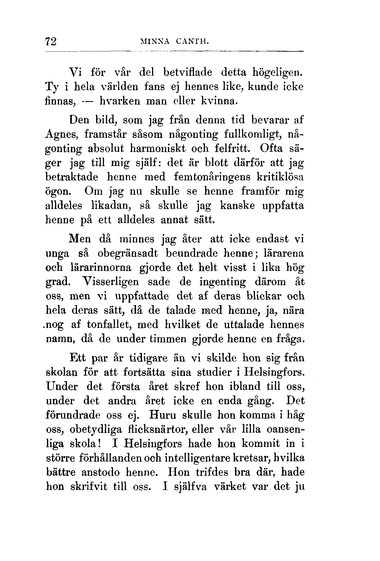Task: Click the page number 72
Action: click(x=51, y=42)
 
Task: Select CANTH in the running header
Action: click(x=192, y=42)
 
